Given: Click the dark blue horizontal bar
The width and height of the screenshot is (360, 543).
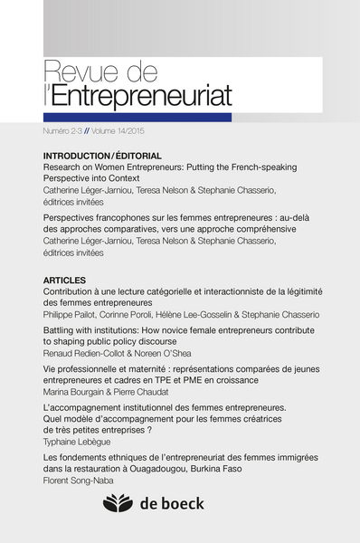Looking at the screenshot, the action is [x=137, y=118].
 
